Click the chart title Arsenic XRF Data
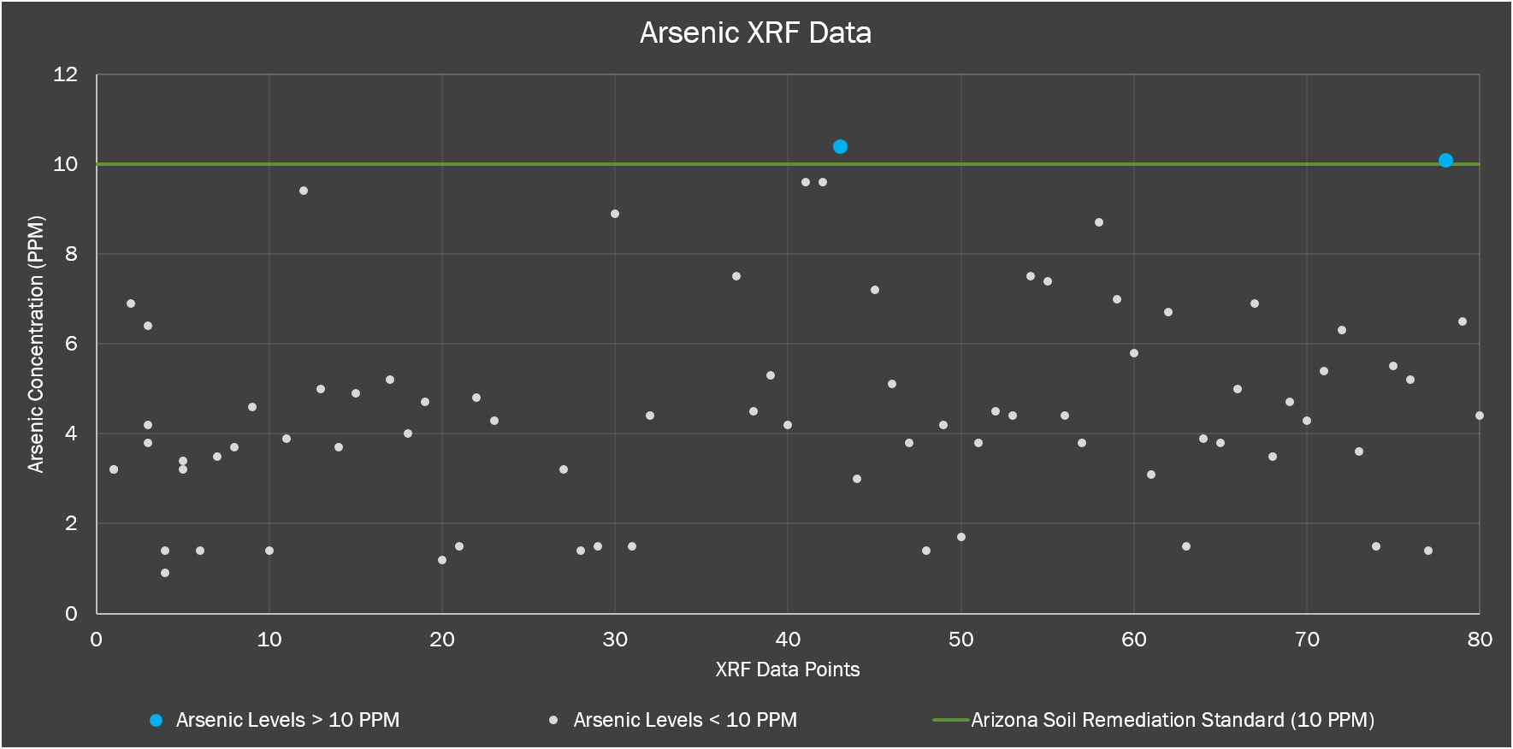point(755,33)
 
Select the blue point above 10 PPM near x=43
point(840,147)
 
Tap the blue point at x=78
point(1445,161)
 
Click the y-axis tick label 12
point(65,74)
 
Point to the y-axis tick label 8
point(71,254)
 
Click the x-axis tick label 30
point(615,640)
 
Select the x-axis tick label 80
point(1480,640)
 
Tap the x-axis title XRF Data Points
point(787,669)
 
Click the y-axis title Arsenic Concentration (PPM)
point(35,344)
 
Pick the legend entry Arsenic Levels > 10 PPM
point(287,720)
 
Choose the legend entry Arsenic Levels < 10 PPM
point(685,720)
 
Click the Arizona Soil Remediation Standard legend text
point(1172,720)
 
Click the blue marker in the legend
point(156,721)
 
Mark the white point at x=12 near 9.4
point(304,191)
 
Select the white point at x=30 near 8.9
point(615,214)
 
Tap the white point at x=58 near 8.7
point(1099,222)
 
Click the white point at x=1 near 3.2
point(114,469)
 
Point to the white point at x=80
point(1480,416)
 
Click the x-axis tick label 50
point(960,640)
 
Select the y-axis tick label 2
point(71,523)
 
